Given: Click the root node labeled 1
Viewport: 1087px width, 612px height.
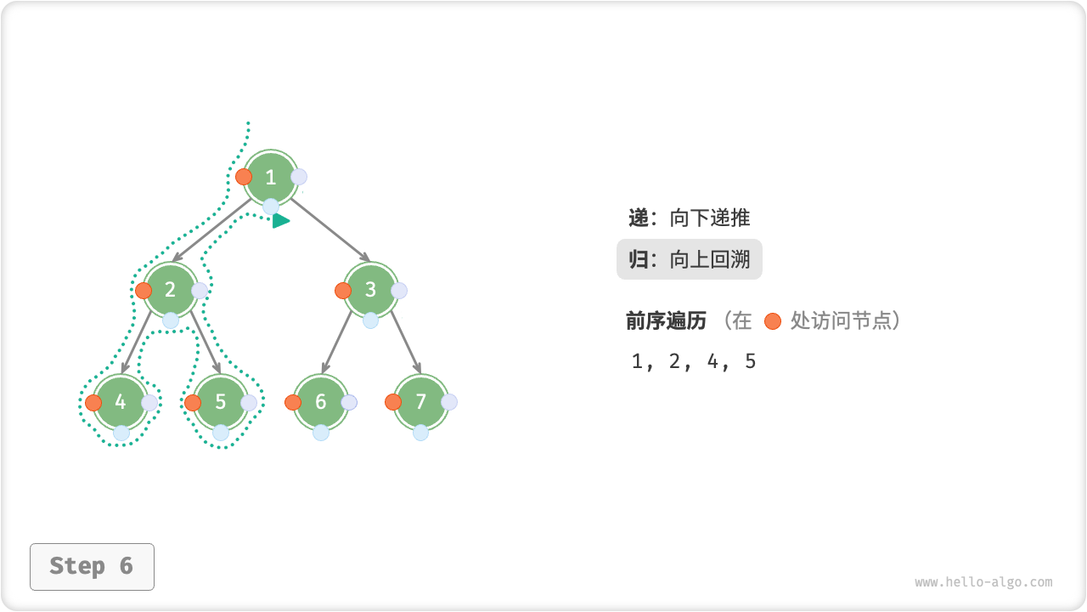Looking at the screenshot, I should click(271, 178).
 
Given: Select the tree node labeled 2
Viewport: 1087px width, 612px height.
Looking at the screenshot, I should click(171, 290).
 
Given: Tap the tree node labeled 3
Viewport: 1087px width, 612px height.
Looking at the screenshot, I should click(371, 290).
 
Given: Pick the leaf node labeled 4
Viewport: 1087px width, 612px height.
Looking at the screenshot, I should click(121, 402).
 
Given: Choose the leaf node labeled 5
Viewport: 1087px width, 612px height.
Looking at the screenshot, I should click(221, 402).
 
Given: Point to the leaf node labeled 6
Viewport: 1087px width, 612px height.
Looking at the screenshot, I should click(321, 402).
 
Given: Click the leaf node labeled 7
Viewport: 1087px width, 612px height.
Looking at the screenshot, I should click(421, 402).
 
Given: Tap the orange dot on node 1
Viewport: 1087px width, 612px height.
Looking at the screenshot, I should click(244, 177).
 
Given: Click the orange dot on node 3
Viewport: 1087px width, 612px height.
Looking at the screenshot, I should click(343, 290).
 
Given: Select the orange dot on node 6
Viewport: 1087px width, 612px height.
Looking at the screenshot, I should click(293, 402).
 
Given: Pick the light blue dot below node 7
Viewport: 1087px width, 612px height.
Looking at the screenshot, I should click(421, 433).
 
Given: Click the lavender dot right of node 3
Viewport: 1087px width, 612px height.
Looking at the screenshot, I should click(399, 291).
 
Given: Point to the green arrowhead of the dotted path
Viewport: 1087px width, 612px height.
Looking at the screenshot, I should click(281, 221).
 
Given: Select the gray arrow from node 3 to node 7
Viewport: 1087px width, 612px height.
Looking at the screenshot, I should click(406, 343).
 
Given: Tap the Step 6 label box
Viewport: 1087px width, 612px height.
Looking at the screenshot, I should click(92, 566).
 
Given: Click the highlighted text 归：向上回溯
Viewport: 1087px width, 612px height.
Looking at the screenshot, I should click(690, 259).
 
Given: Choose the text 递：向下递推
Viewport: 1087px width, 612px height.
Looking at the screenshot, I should click(690, 218).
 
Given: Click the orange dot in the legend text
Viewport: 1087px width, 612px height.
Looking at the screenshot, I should click(772, 321).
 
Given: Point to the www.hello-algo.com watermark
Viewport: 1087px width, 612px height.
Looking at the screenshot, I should click(983, 582).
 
